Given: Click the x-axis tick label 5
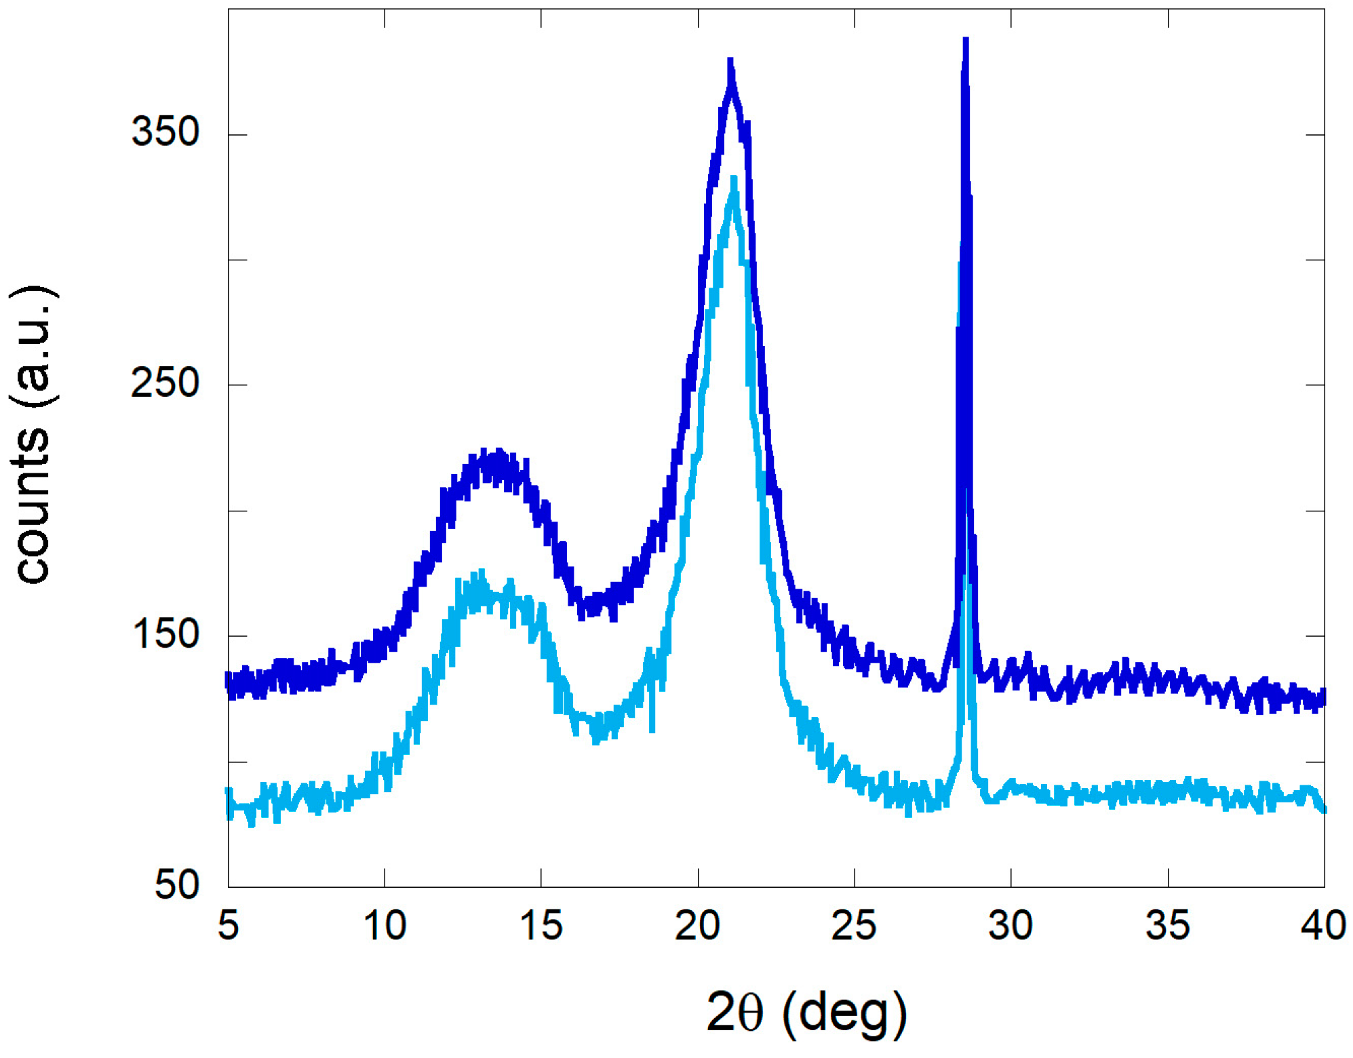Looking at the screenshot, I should (x=229, y=925).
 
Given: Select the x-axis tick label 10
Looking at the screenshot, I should (x=385, y=925).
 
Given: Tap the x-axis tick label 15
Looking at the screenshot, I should (x=541, y=925).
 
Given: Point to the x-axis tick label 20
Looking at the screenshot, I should (x=697, y=925).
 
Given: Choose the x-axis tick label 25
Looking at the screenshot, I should (x=854, y=925).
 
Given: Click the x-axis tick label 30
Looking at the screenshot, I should (x=1011, y=925).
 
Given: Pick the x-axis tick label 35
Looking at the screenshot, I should (x=1167, y=925).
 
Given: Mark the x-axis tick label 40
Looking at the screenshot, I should (x=1323, y=925).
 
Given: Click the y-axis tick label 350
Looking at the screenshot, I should (x=165, y=131).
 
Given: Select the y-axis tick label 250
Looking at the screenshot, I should (x=165, y=383).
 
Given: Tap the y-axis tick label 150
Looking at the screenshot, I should (x=165, y=634).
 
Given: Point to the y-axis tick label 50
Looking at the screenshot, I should (x=177, y=885).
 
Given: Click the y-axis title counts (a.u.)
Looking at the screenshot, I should (x=33, y=434).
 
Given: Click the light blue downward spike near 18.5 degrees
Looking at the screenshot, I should (x=652, y=730).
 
